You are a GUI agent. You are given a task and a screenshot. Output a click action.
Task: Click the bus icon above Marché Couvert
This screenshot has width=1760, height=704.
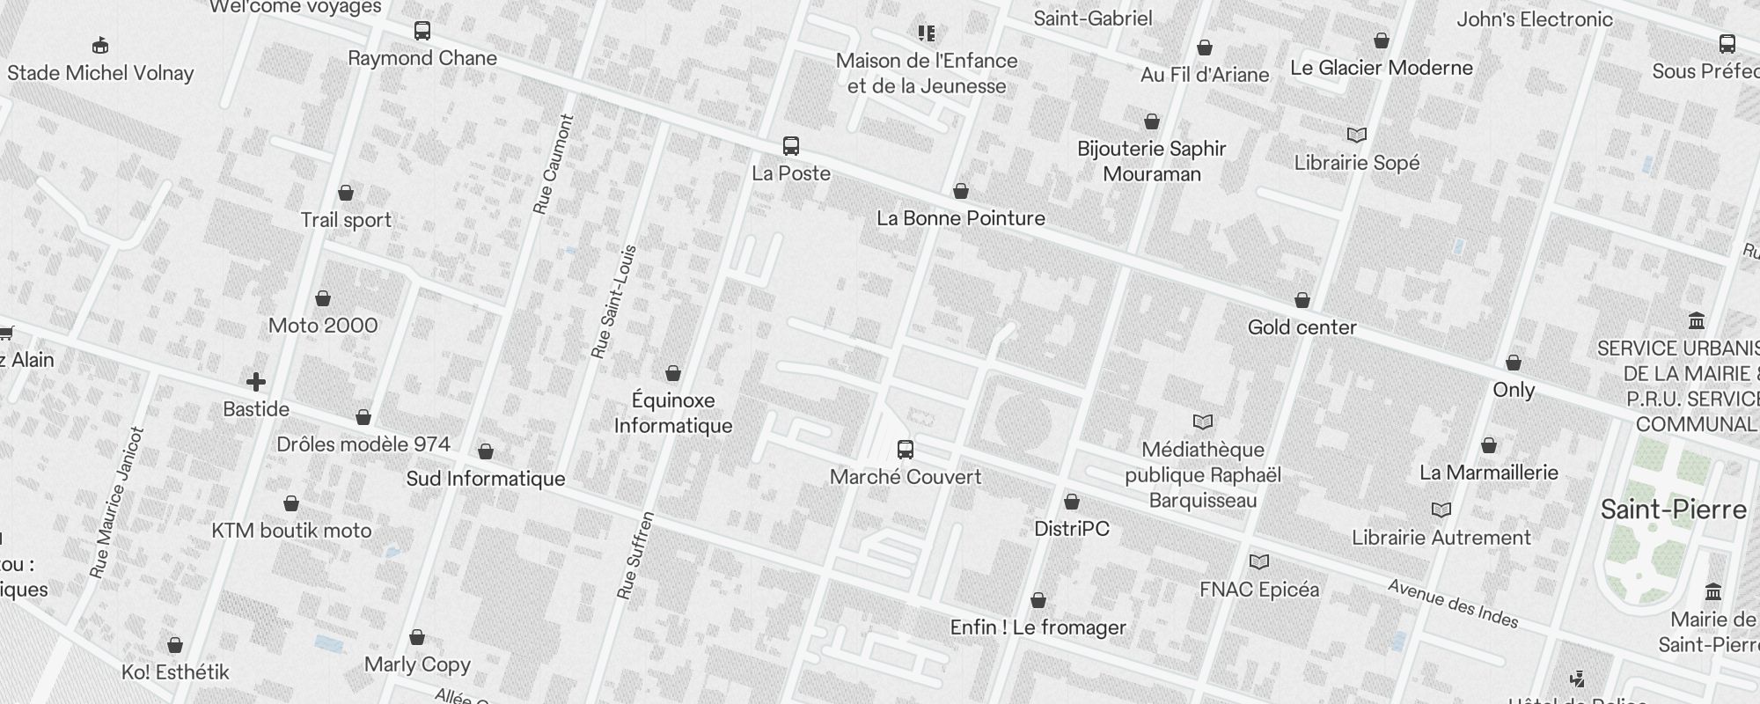(x=905, y=450)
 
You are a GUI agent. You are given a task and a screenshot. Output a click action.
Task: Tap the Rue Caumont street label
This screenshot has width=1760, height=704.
(x=554, y=165)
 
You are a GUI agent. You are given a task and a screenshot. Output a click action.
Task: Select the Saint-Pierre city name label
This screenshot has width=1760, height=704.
(x=1673, y=510)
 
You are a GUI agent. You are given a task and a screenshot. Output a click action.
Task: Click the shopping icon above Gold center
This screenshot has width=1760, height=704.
(x=1302, y=300)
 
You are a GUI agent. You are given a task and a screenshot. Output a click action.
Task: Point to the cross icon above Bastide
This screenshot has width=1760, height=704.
(x=256, y=382)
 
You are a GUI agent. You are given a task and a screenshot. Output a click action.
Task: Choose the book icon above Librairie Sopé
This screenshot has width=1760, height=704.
(x=1357, y=136)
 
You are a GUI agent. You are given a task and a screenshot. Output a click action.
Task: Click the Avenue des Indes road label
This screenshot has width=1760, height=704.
(x=1453, y=603)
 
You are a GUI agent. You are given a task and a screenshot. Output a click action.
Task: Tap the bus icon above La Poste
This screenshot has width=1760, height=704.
(x=791, y=146)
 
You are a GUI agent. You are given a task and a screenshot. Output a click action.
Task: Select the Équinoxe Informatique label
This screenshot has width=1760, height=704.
(x=673, y=413)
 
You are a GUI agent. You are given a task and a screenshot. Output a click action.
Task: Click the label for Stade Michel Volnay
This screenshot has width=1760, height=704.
(x=100, y=73)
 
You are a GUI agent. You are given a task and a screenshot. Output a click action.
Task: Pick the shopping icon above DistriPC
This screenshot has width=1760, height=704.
(x=1071, y=502)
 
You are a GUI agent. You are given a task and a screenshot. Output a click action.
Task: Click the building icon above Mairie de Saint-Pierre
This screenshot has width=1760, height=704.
(x=1712, y=591)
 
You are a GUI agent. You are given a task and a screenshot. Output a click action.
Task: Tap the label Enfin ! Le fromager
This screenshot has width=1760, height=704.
(x=1038, y=627)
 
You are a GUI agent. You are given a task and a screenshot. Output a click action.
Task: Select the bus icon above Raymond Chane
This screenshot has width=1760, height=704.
(x=422, y=31)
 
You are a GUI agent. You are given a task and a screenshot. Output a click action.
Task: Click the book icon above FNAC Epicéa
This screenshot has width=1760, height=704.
(x=1259, y=561)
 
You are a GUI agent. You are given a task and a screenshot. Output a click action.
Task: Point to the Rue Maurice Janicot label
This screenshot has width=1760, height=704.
(x=117, y=503)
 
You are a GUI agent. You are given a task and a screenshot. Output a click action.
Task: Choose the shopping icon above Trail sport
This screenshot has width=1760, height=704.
(x=346, y=193)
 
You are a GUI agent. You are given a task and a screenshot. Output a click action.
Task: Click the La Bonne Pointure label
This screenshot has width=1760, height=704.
(x=960, y=218)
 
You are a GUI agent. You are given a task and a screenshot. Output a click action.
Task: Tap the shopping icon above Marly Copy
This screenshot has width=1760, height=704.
(x=417, y=637)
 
